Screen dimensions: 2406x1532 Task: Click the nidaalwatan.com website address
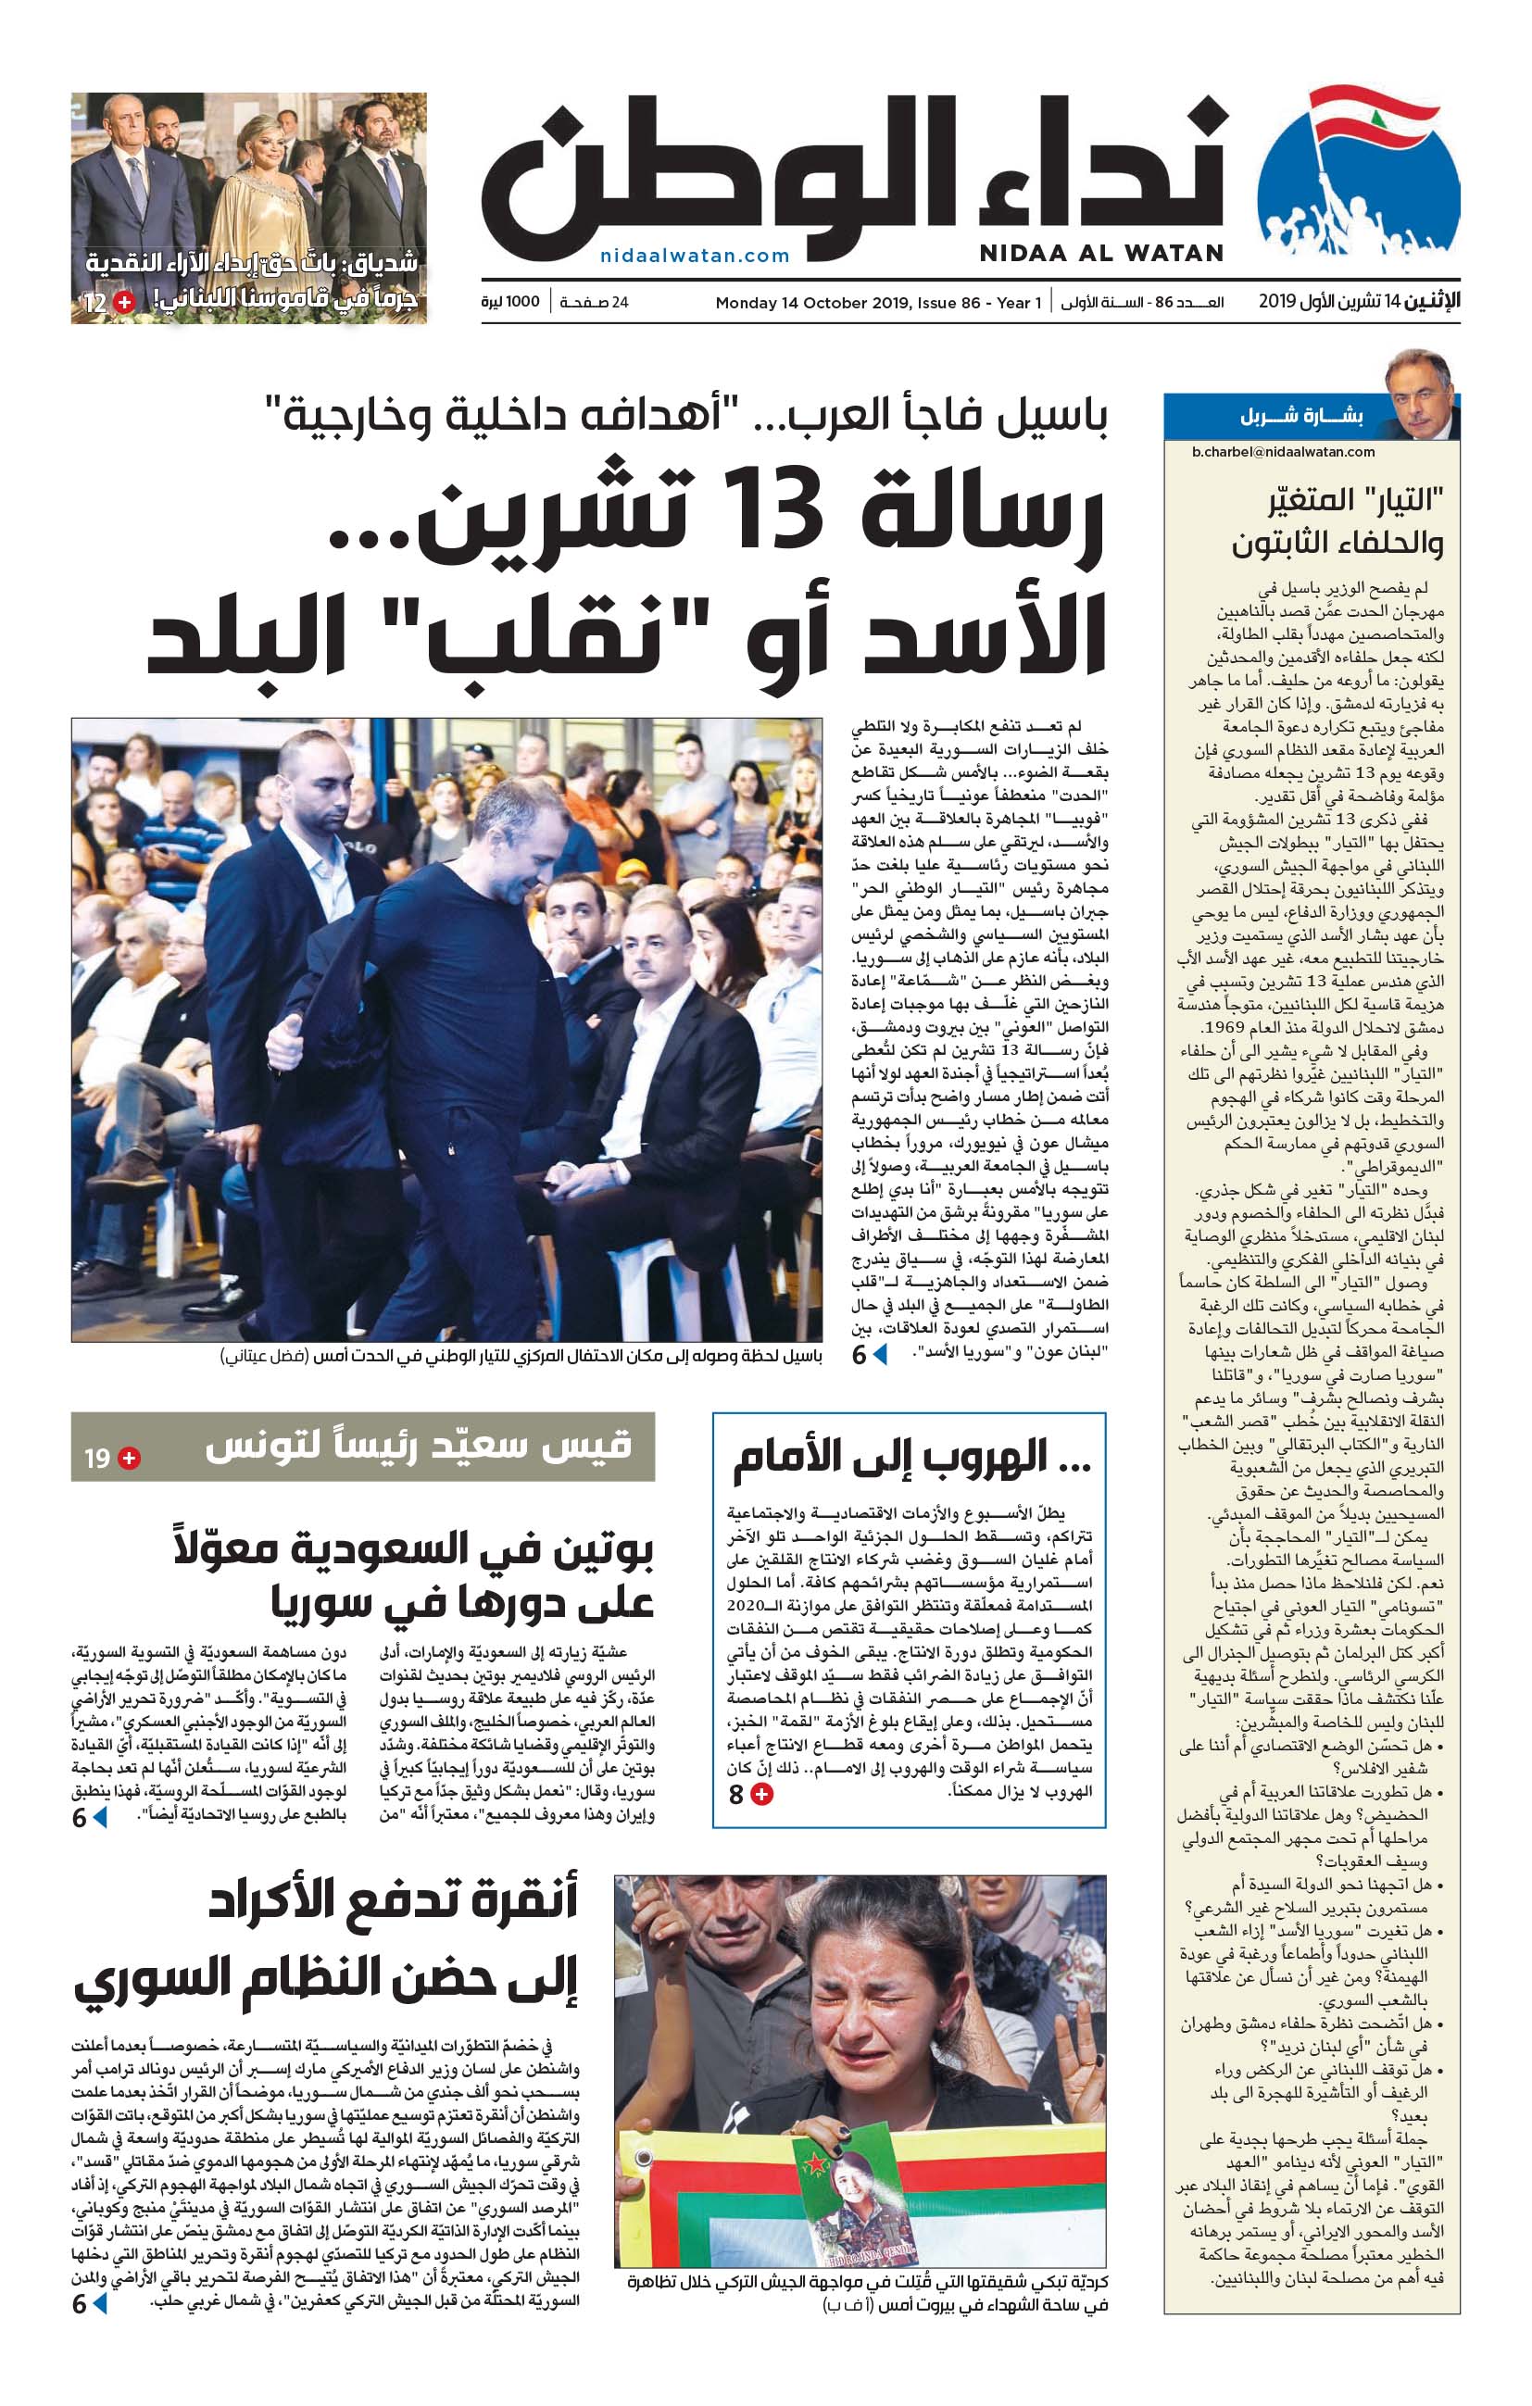(695, 256)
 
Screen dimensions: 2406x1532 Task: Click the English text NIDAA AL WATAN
(1100, 253)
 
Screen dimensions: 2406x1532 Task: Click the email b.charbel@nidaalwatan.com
(1283, 452)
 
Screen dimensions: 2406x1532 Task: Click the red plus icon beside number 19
(129, 1458)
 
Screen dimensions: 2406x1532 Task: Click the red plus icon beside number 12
(123, 302)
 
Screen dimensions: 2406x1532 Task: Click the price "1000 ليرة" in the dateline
(509, 302)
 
